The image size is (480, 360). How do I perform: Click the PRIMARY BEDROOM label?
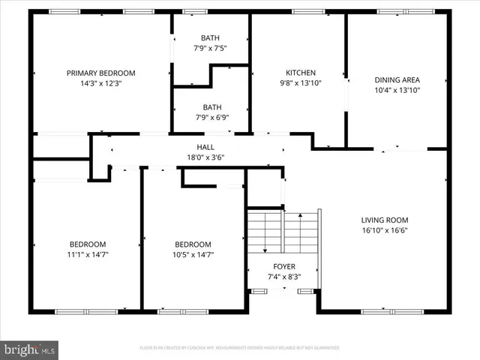coord(100,73)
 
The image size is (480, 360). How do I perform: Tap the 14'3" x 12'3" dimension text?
coord(100,84)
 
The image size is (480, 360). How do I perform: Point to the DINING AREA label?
coord(397,79)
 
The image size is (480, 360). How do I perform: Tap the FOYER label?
coord(283,266)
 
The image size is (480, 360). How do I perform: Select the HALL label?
coord(205,147)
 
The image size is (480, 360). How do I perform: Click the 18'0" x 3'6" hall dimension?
coord(205,157)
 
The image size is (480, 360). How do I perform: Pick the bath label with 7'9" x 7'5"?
coord(210,37)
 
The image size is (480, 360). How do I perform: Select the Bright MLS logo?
coord(30,349)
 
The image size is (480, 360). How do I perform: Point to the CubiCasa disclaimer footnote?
coord(240,348)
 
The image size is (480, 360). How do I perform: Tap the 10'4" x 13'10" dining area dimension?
coord(397,90)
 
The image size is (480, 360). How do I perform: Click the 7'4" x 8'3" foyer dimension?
coord(283,277)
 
